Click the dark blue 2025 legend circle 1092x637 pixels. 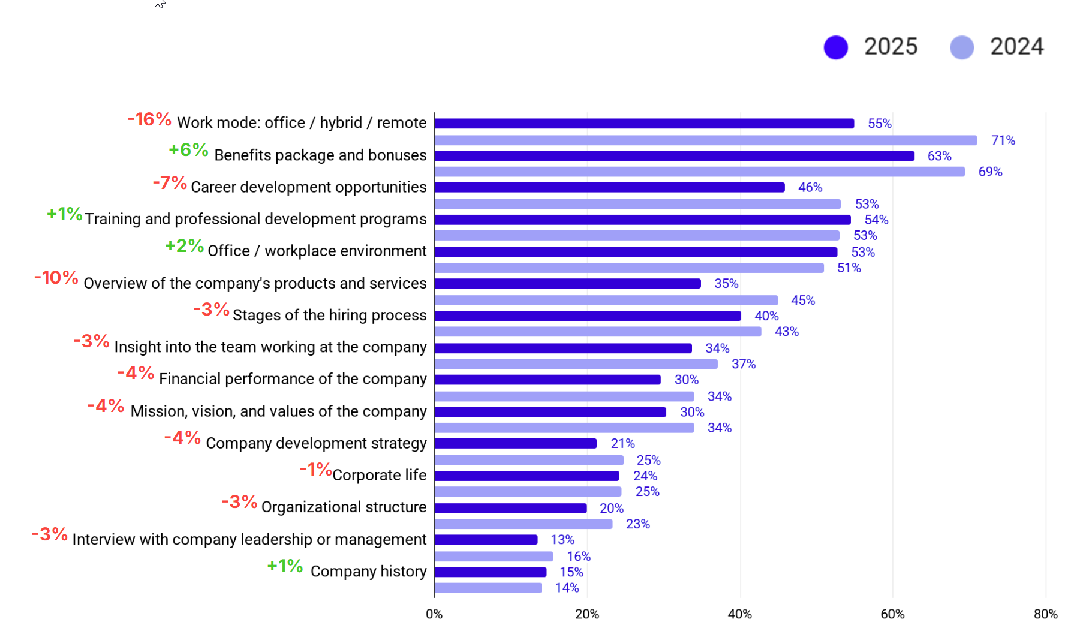[x=835, y=47]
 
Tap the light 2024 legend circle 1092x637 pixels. [x=962, y=47]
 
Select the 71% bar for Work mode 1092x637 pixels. [x=705, y=140]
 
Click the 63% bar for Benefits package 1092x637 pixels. [x=674, y=156]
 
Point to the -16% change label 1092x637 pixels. [x=149, y=119]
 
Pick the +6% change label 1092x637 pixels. [x=188, y=150]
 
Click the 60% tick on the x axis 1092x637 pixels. [x=892, y=614]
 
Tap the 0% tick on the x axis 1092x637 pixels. [x=434, y=614]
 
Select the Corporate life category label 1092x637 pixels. [x=379, y=475]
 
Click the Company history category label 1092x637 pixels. [x=368, y=571]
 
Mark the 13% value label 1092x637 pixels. [x=562, y=540]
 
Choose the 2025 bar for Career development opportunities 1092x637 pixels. [x=609, y=188]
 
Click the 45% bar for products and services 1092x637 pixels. [x=606, y=300]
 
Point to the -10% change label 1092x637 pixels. [x=56, y=278]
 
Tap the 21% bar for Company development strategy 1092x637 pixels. [x=515, y=444]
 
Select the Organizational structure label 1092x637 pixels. [x=344, y=507]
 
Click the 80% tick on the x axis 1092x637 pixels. [x=1045, y=614]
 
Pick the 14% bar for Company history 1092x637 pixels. [x=488, y=588]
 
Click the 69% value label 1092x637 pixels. [x=990, y=172]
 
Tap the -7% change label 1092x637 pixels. [x=170, y=182]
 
